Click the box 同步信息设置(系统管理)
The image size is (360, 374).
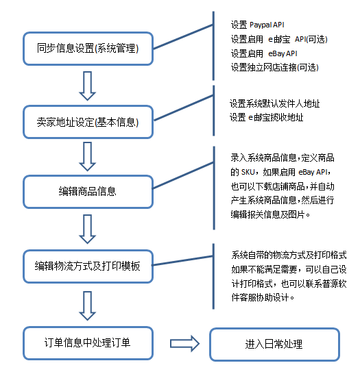tap(88, 49)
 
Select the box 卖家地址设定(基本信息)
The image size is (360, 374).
tap(88, 122)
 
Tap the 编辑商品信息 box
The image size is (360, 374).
tap(88, 192)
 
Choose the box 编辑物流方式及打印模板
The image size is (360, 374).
tap(88, 266)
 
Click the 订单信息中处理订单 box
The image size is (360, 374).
tap(88, 343)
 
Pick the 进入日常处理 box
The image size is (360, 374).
tap(274, 344)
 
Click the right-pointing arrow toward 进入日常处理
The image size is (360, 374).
tap(184, 343)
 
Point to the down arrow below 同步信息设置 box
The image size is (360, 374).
tap(87, 86)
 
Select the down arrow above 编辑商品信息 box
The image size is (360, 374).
tap(87, 156)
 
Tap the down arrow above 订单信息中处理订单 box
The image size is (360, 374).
tap(87, 306)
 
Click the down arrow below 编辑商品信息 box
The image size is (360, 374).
tap(87, 229)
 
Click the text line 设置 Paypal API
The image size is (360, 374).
tap(257, 25)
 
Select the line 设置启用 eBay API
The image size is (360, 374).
tap(264, 53)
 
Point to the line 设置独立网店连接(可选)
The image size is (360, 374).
tap(274, 68)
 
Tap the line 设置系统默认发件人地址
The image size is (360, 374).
tap(274, 103)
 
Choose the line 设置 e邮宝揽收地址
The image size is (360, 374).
tap(267, 117)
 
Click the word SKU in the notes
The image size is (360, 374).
tap(248, 172)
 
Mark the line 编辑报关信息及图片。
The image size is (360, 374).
tap(270, 214)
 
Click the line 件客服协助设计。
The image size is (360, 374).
tap(263, 297)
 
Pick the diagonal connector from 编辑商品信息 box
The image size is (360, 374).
tap(183, 175)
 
